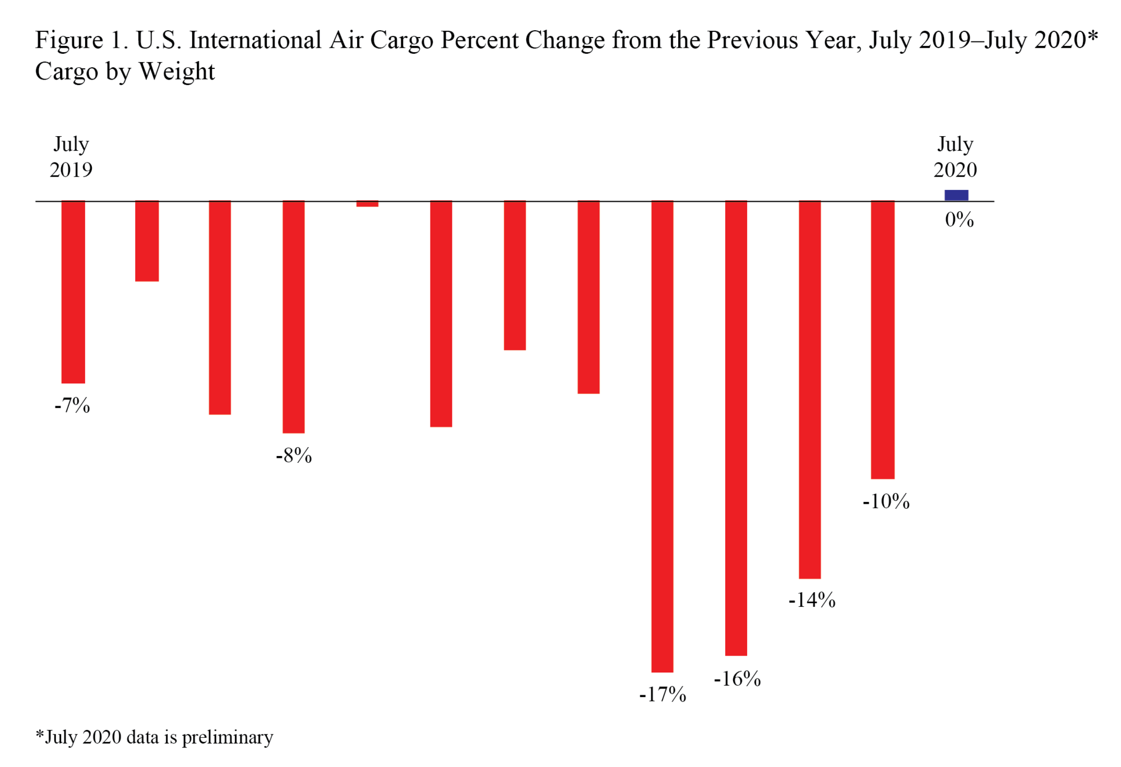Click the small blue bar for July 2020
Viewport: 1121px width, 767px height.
pos(956,195)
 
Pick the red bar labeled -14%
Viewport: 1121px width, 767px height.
pos(809,389)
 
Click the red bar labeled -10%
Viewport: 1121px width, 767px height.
pos(882,340)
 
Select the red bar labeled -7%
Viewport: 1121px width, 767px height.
pos(73,292)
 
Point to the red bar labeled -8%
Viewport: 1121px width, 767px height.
pos(294,317)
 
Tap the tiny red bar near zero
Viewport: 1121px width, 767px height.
pos(367,204)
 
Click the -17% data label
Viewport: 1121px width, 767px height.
pos(663,695)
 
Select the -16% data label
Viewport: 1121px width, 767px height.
pos(737,679)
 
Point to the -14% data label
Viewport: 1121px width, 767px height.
pos(812,601)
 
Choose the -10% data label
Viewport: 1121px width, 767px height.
pos(886,501)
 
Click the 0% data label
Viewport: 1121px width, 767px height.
pos(959,220)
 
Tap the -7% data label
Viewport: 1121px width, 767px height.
pos(72,406)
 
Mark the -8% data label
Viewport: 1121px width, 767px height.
pos(294,456)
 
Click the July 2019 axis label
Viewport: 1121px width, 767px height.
pos(71,157)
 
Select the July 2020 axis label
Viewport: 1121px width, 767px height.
pos(955,157)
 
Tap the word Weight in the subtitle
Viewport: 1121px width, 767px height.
pos(177,72)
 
